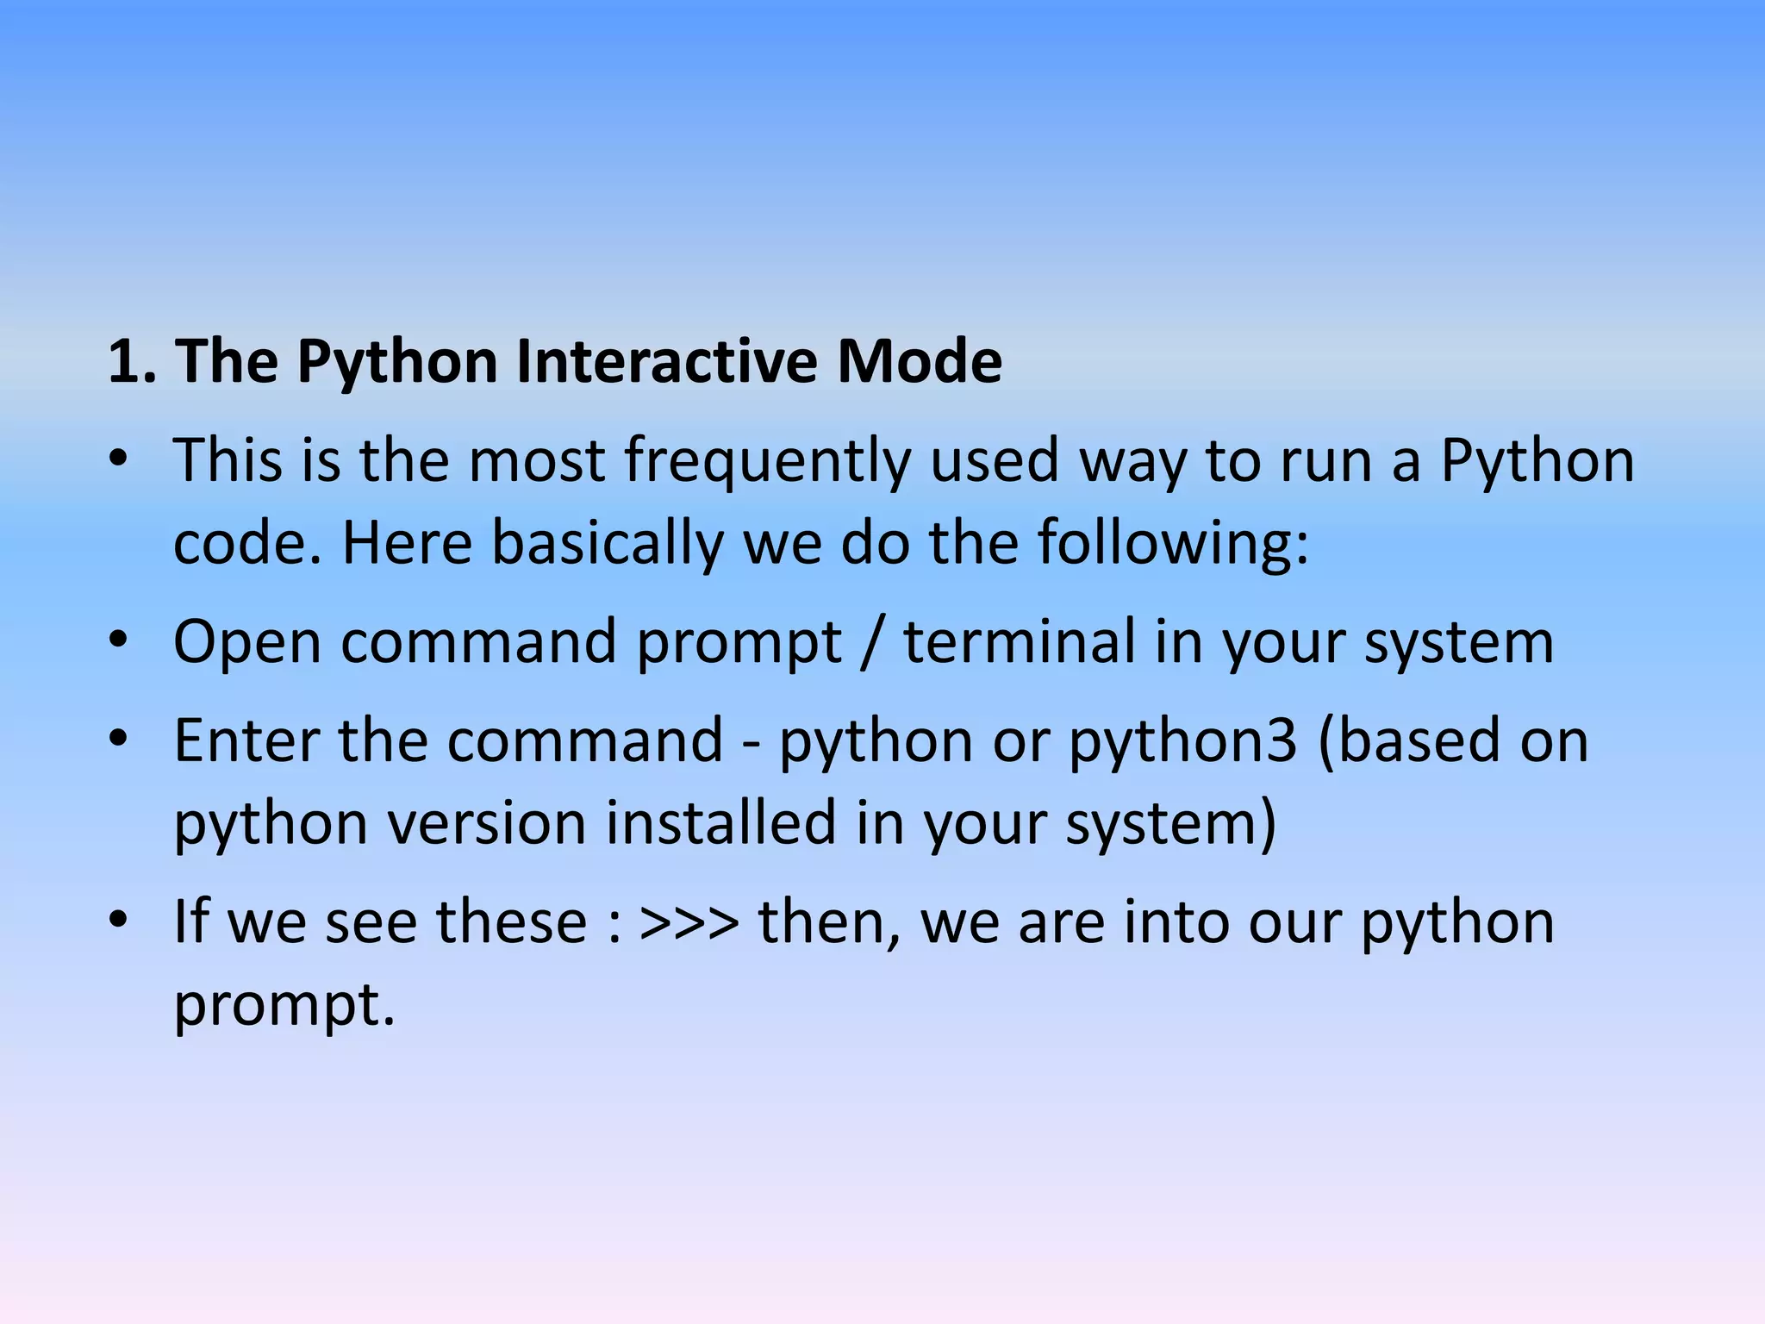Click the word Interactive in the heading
(x=667, y=361)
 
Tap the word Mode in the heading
(x=920, y=361)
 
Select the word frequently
(x=767, y=462)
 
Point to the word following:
(x=1172, y=544)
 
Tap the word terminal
(x=1020, y=642)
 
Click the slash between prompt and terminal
(x=872, y=642)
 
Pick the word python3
(x=1182, y=742)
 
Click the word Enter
(x=246, y=740)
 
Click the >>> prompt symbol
(x=689, y=922)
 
